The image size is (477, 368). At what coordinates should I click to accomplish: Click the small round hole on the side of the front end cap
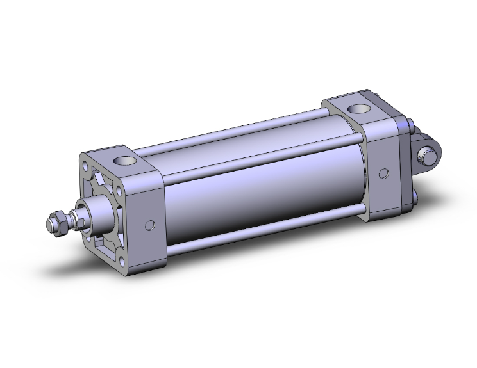[x=151, y=225]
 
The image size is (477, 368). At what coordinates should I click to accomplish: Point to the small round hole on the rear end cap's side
[x=383, y=173]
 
